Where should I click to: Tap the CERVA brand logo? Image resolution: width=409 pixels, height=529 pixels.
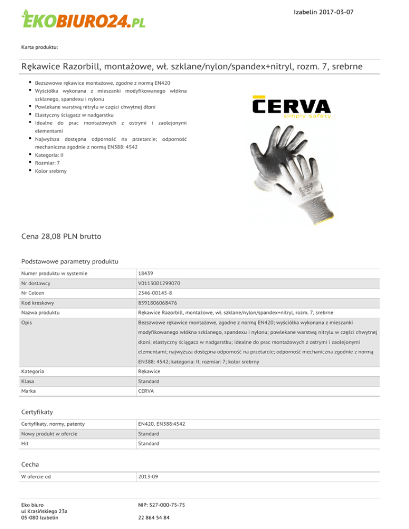(x=292, y=106)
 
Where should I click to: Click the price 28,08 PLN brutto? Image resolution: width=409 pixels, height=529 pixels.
(x=61, y=235)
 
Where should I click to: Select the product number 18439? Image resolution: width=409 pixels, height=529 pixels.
(x=145, y=273)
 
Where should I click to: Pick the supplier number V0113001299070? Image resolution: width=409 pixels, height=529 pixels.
(x=159, y=284)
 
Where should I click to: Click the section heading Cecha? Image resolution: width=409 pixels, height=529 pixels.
(x=30, y=464)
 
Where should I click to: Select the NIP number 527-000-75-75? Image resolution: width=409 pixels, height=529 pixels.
(x=161, y=503)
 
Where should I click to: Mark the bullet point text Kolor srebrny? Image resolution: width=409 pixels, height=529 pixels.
(x=51, y=171)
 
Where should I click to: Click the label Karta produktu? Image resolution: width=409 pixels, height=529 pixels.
(x=39, y=47)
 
